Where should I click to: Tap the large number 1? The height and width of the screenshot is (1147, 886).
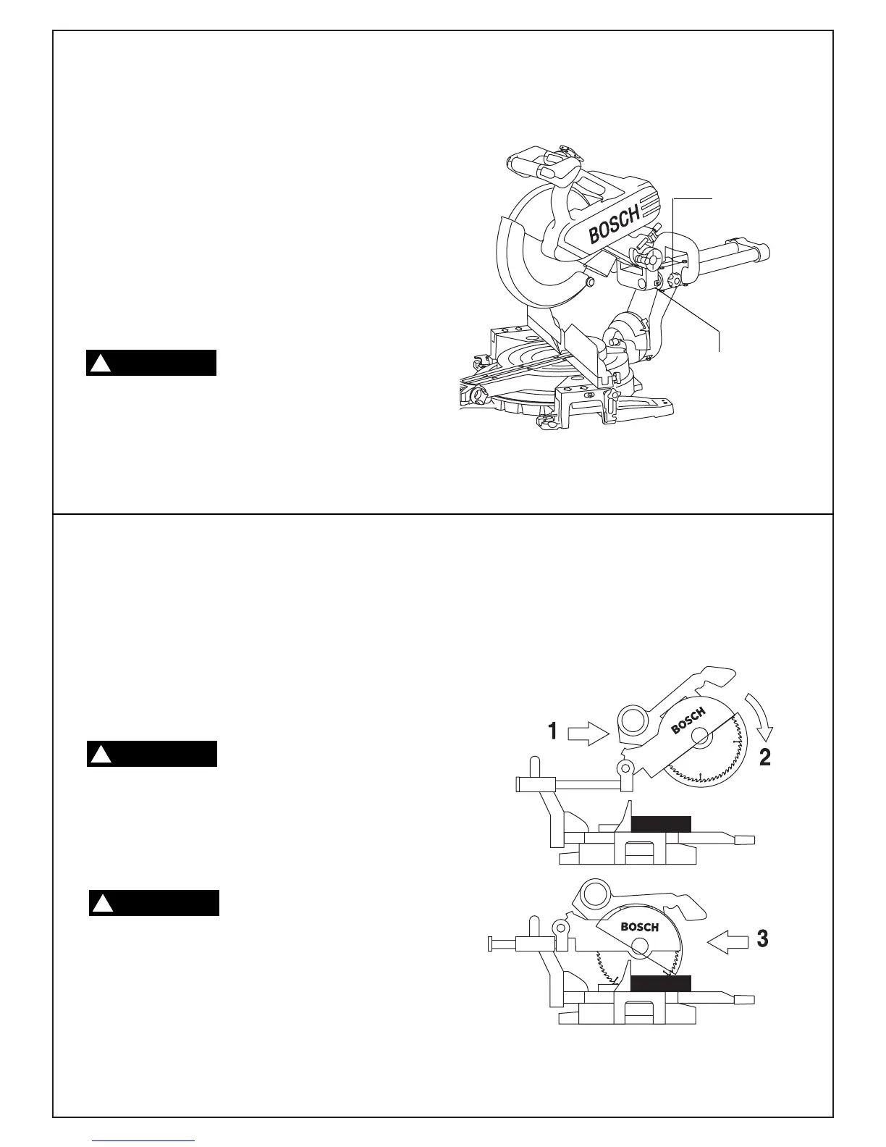[552, 731]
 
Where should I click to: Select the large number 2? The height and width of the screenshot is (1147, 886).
[764, 757]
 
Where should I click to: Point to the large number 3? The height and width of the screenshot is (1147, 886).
[762, 940]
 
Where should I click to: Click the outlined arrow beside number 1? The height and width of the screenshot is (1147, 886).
[591, 736]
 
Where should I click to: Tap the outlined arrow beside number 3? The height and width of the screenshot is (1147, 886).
[726, 942]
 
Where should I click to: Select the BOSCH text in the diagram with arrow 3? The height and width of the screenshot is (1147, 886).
[640, 927]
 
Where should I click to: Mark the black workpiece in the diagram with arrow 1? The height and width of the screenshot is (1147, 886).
[661, 823]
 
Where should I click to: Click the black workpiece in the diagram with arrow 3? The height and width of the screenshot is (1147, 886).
[660, 983]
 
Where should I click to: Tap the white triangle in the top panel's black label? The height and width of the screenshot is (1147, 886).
[100, 364]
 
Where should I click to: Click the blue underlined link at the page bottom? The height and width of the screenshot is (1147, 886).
[145, 1142]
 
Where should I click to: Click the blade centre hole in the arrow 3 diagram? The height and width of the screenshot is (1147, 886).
[639, 946]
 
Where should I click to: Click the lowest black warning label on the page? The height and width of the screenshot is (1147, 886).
[153, 903]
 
